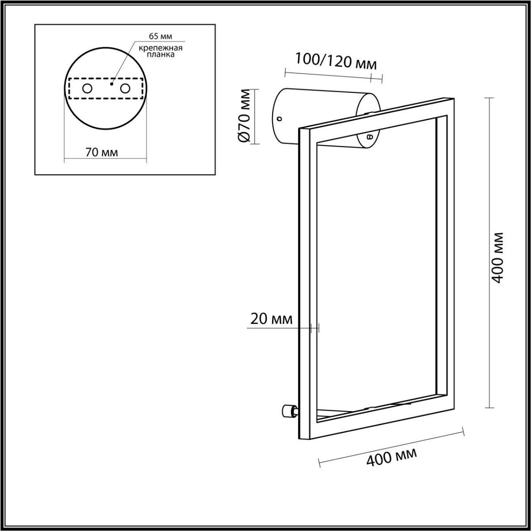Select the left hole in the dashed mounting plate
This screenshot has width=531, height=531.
[x=87, y=88]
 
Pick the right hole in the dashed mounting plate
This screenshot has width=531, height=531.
[x=125, y=88]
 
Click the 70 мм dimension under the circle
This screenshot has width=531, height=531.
[x=101, y=153]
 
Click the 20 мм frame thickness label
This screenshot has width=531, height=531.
[x=271, y=319]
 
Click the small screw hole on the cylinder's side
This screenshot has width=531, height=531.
[x=279, y=119]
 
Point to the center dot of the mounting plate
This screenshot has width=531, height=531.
[x=112, y=83]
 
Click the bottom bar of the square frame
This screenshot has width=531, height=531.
[x=381, y=418]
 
